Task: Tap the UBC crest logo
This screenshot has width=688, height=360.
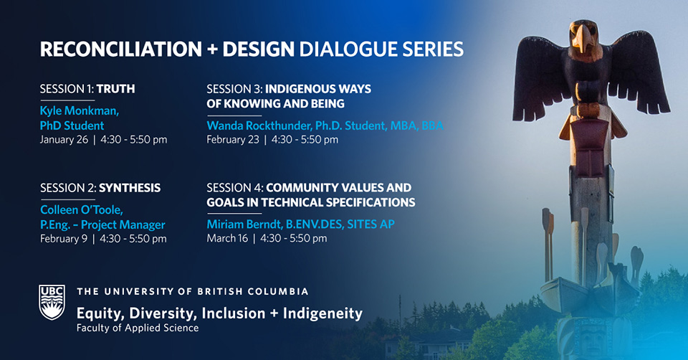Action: coord(52,302)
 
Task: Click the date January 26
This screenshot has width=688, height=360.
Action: coord(64,139)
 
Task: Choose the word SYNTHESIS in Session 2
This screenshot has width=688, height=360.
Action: coord(129,188)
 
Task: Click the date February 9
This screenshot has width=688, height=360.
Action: coord(64,238)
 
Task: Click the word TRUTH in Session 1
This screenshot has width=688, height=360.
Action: coord(115,89)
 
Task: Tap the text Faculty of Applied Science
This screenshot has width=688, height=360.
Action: coord(138,328)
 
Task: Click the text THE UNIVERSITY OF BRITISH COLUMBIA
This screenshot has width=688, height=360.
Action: coord(192,292)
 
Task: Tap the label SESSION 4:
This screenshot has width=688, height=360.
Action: coord(234,188)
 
